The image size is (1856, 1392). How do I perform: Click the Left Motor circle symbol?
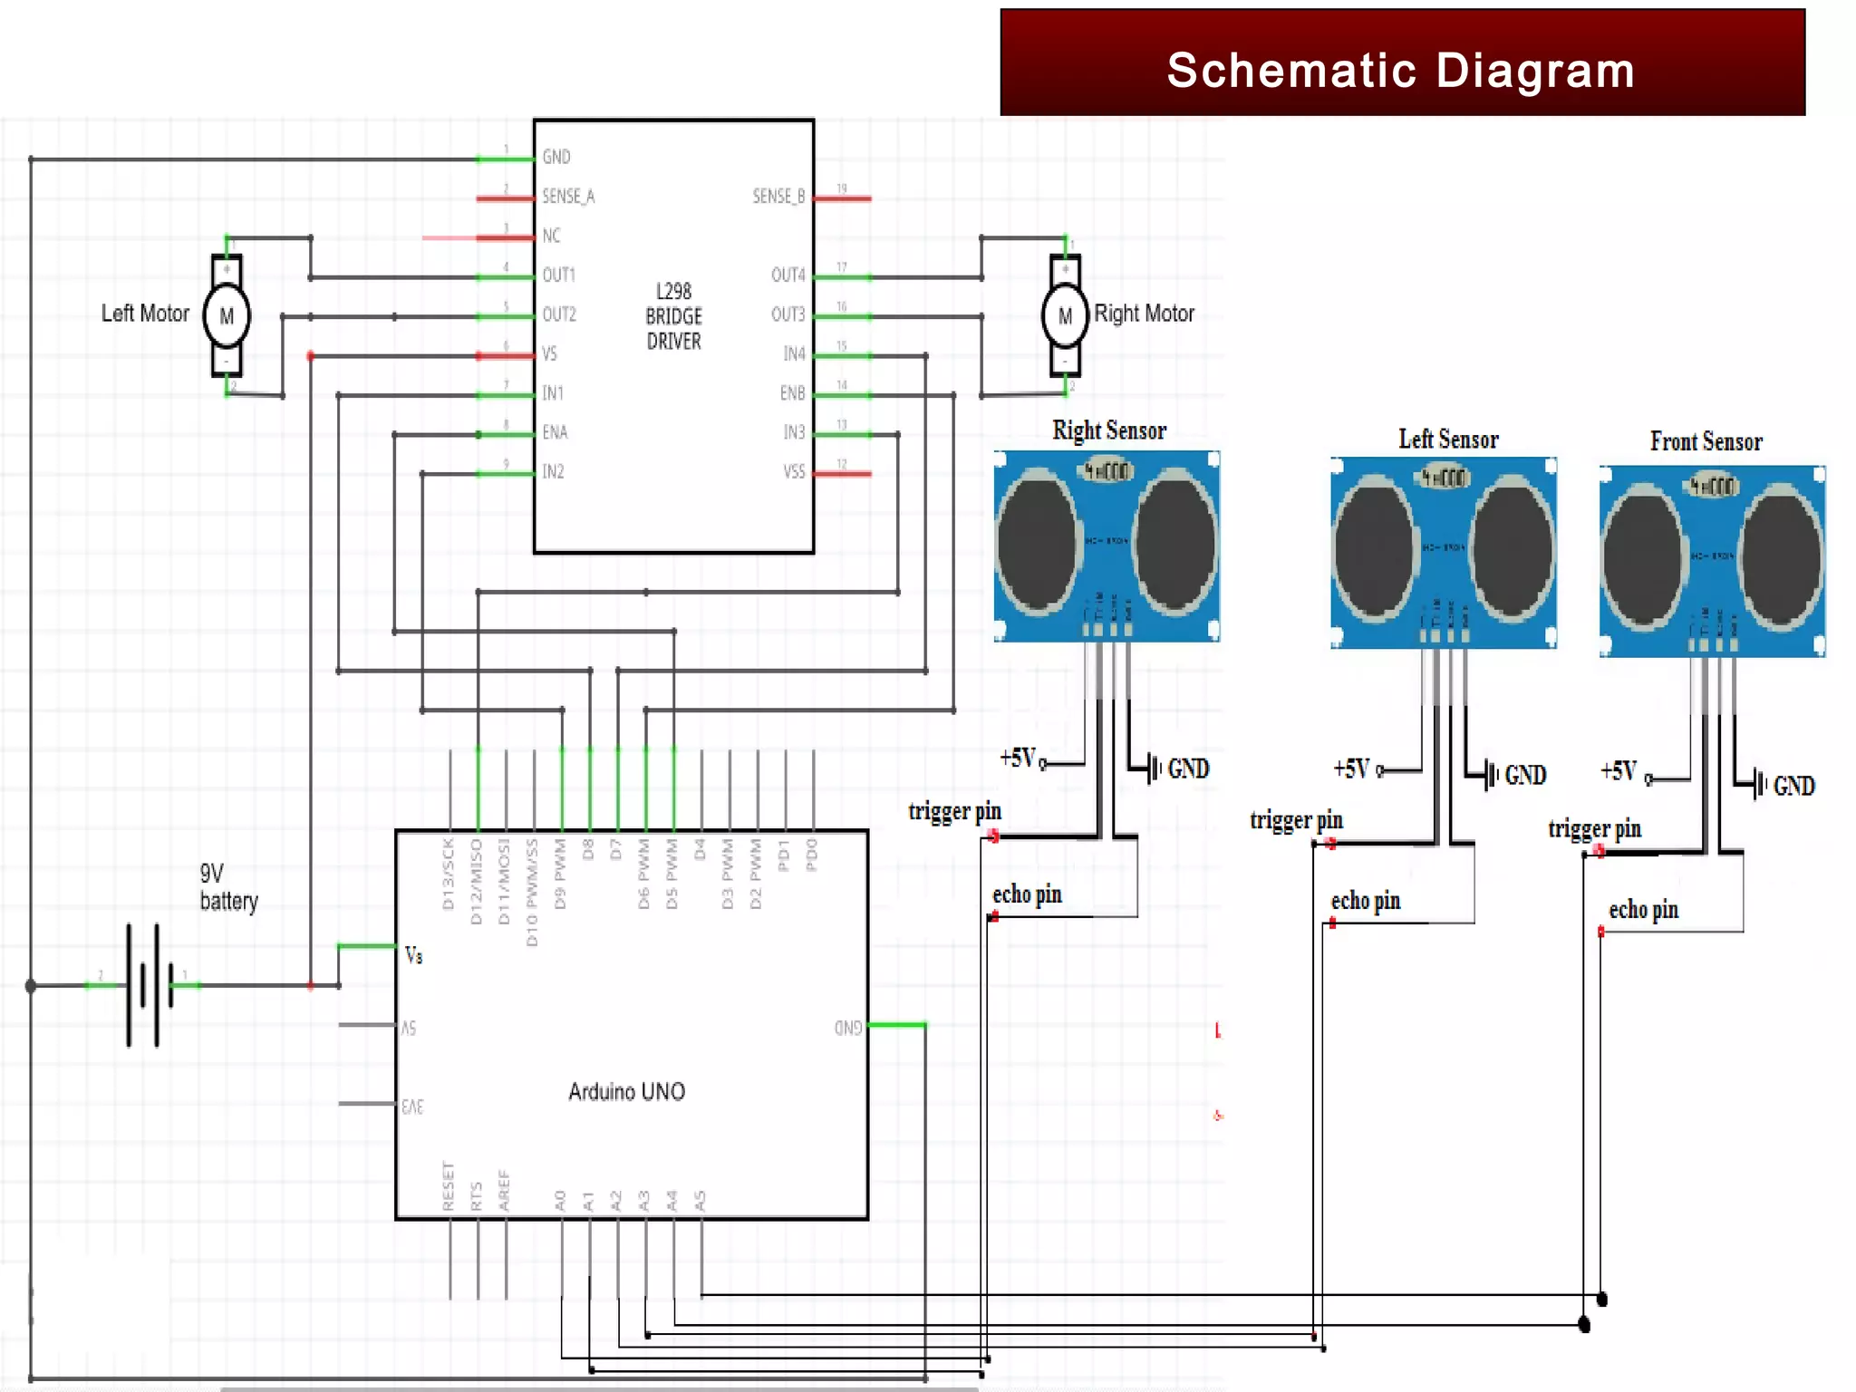tap(227, 316)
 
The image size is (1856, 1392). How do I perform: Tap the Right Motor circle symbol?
tap(1065, 316)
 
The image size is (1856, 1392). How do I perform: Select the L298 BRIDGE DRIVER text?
tap(673, 316)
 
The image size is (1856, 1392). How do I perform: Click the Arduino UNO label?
tap(626, 1092)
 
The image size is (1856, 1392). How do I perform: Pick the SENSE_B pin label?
tap(778, 197)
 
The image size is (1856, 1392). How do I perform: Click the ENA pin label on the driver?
tap(555, 432)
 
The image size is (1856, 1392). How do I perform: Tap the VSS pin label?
tap(794, 472)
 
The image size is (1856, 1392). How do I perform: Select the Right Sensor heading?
tap(1108, 430)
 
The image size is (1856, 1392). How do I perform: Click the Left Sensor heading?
tap(1447, 440)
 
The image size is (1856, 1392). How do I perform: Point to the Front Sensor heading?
tap(1706, 442)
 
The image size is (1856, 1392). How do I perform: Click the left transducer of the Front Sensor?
tap(1643, 556)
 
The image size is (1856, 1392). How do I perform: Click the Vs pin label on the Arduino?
tap(413, 955)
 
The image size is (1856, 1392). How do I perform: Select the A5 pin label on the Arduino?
tap(700, 1201)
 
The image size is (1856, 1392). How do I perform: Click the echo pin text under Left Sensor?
tap(1365, 901)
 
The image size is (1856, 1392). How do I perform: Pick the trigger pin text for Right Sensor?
tap(954, 811)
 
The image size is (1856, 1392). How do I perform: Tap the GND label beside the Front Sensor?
tap(1793, 786)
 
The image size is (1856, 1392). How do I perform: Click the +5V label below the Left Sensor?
tap(1351, 769)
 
